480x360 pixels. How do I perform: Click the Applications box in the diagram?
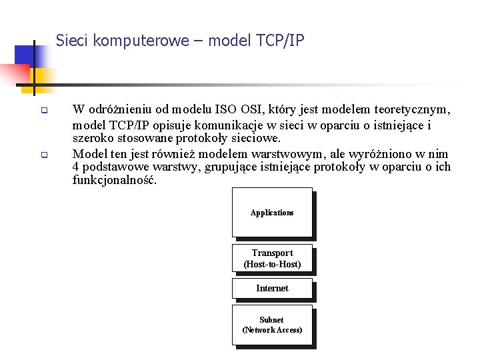(x=272, y=213)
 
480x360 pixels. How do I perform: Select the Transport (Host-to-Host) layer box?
(x=272, y=259)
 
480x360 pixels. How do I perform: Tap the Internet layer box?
(x=272, y=289)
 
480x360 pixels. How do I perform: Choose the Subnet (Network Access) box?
(x=272, y=325)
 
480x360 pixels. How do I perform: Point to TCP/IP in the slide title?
(x=280, y=41)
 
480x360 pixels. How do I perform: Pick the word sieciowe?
(x=257, y=139)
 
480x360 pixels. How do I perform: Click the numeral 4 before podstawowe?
(x=76, y=167)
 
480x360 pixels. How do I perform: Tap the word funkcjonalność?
(x=115, y=180)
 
